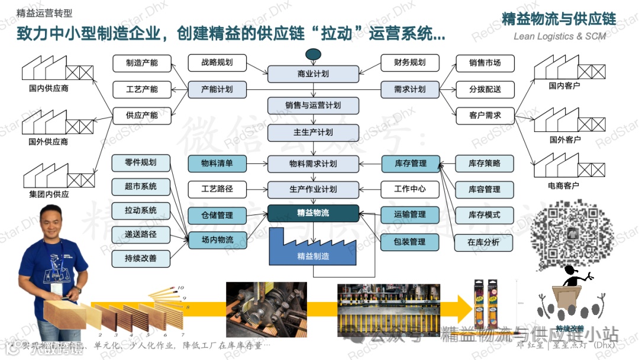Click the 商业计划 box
(x=313, y=74)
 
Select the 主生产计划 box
(x=313, y=133)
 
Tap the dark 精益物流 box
(x=313, y=213)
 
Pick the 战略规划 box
(x=217, y=62)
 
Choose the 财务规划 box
(x=410, y=62)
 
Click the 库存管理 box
(x=410, y=163)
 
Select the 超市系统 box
(x=141, y=187)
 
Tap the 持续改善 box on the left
(x=141, y=258)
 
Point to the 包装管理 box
(x=410, y=242)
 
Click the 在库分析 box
(x=484, y=242)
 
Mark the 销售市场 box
(x=485, y=63)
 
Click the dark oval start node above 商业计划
(x=313, y=55)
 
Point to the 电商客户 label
(x=563, y=186)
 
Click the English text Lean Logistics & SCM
(x=560, y=36)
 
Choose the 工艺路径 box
(x=217, y=189)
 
